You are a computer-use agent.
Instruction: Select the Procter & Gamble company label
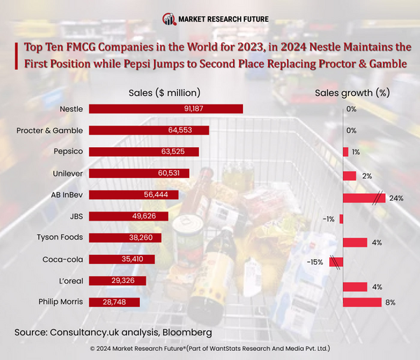coord(49,130)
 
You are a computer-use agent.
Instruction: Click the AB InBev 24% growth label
coord(396,198)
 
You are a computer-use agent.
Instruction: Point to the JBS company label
coord(76,216)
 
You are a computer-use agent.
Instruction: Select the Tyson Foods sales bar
coord(122,237)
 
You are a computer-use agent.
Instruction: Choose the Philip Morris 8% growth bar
coord(362,302)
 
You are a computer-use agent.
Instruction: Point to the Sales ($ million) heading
coord(164,92)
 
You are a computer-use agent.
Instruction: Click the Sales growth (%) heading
coord(352,92)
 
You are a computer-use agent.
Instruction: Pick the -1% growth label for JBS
coord(328,219)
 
